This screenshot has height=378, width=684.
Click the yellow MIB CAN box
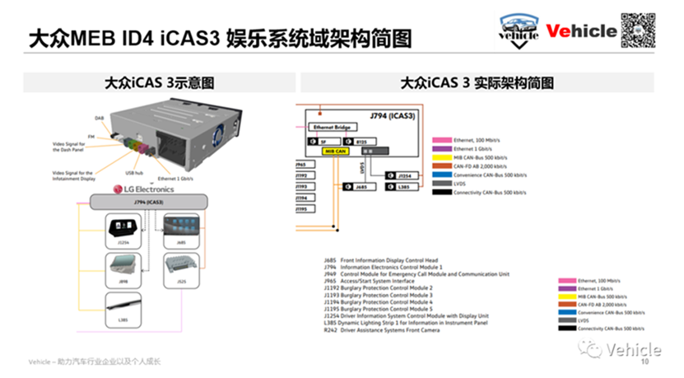click(335, 152)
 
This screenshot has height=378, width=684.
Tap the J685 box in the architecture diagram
click(359, 188)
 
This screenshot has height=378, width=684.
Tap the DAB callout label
click(99, 118)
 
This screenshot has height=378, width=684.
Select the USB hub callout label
click(135, 173)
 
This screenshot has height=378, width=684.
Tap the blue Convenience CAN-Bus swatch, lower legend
click(565, 313)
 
